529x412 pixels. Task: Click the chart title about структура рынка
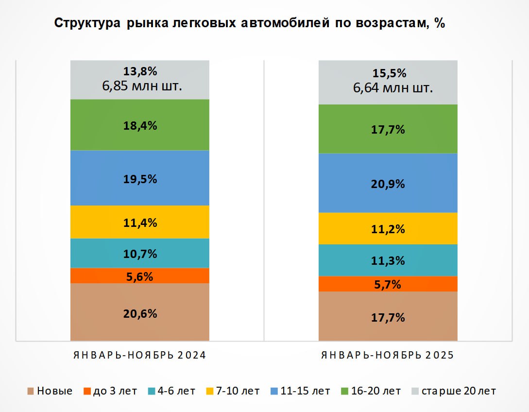coord(249,23)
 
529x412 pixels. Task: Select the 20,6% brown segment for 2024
coord(140,313)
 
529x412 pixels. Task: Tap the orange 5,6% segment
coord(140,276)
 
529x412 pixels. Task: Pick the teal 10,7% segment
coord(140,253)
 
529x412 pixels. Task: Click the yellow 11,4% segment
coord(140,223)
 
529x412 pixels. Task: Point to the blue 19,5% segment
coord(140,178)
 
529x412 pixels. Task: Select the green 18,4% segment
coord(140,125)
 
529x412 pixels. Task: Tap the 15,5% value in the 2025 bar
coord(388,73)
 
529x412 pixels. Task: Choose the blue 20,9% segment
coord(388,184)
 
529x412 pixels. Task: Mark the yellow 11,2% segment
coord(388,229)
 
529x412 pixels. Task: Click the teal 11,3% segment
coord(388,260)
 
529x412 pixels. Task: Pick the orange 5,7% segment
coord(388,284)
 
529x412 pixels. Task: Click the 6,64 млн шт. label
coord(388,88)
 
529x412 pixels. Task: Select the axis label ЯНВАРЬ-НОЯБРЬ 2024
coord(140,355)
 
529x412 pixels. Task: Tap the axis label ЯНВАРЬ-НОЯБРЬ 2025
coord(388,355)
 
